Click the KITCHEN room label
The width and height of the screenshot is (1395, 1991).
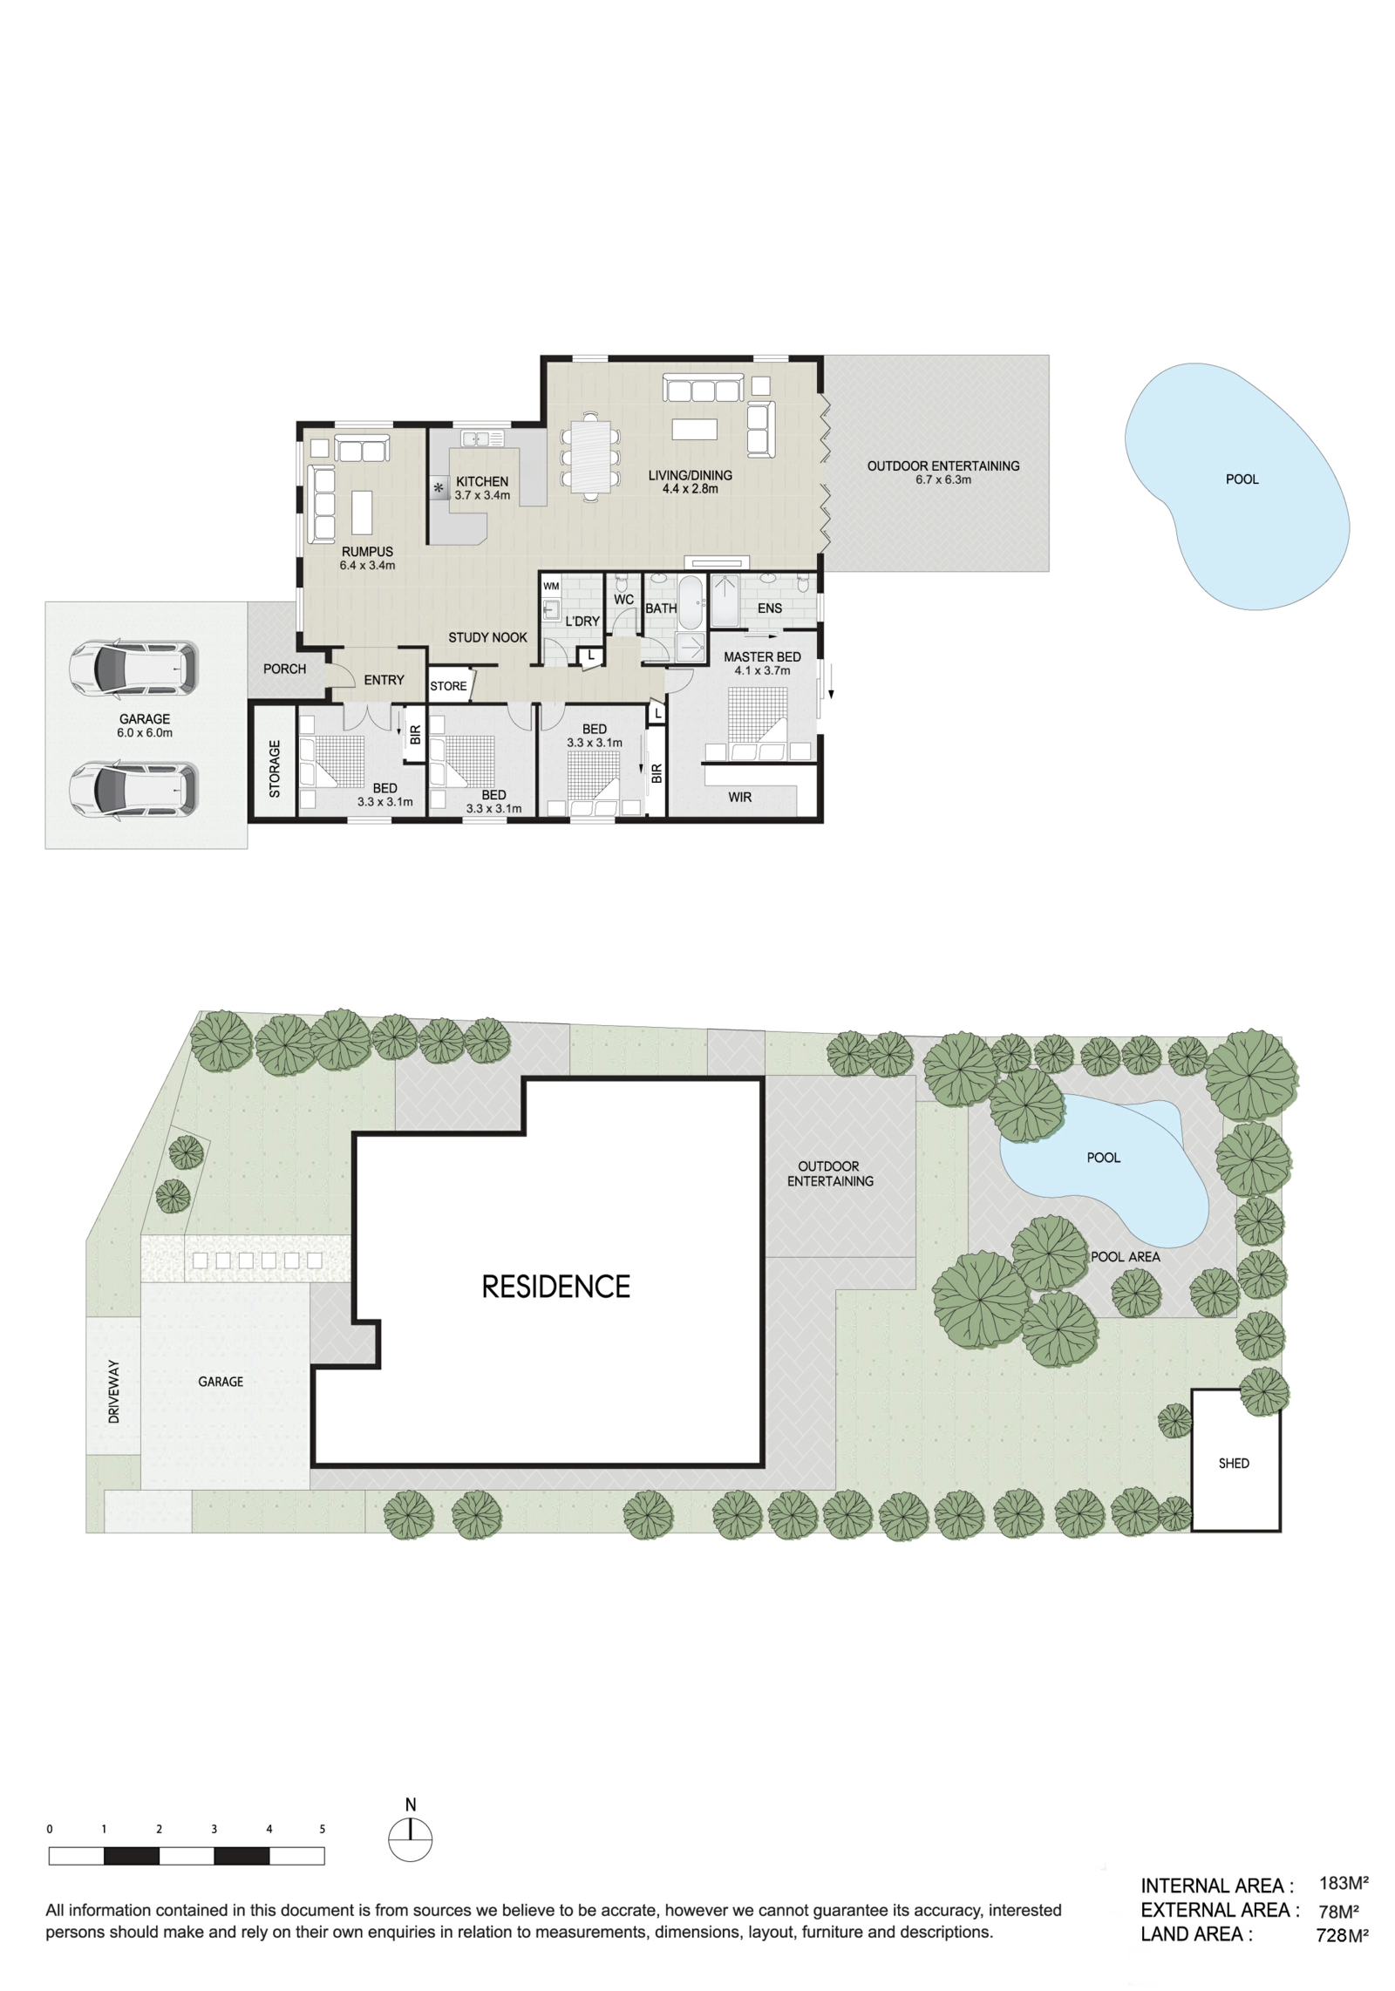pyautogui.click(x=481, y=481)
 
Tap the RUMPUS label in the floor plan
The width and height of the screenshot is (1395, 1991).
pyautogui.click(x=367, y=552)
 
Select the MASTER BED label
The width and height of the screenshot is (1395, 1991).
pyautogui.click(x=762, y=657)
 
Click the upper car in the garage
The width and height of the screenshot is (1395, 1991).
pyautogui.click(x=133, y=669)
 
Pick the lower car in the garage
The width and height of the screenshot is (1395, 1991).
pyautogui.click(x=133, y=790)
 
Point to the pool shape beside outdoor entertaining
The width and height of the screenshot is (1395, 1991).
pyautogui.click(x=1236, y=486)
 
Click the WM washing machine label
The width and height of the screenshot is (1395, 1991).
pyautogui.click(x=551, y=587)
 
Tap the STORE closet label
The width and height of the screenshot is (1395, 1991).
pyautogui.click(x=448, y=686)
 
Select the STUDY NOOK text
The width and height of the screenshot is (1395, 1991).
pyautogui.click(x=487, y=637)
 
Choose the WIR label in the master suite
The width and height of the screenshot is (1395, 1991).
pyautogui.click(x=739, y=797)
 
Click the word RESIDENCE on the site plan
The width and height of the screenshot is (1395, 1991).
pyautogui.click(x=555, y=1287)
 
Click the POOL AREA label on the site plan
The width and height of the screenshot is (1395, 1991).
pyautogui.click(x=1126, y=1257)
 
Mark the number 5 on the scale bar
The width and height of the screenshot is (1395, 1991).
pyautogui.click(x=323, y=1829)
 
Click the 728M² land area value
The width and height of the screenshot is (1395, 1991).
pyautogui.click(x=1342, y=1936)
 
